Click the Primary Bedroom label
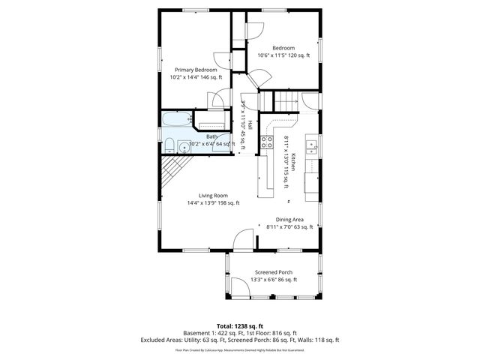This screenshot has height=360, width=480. click(196, 70)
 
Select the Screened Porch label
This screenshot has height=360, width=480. click(274, 272)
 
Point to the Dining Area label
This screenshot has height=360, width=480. click(289, 219)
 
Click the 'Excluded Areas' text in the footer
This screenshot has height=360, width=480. click(163, 340)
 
